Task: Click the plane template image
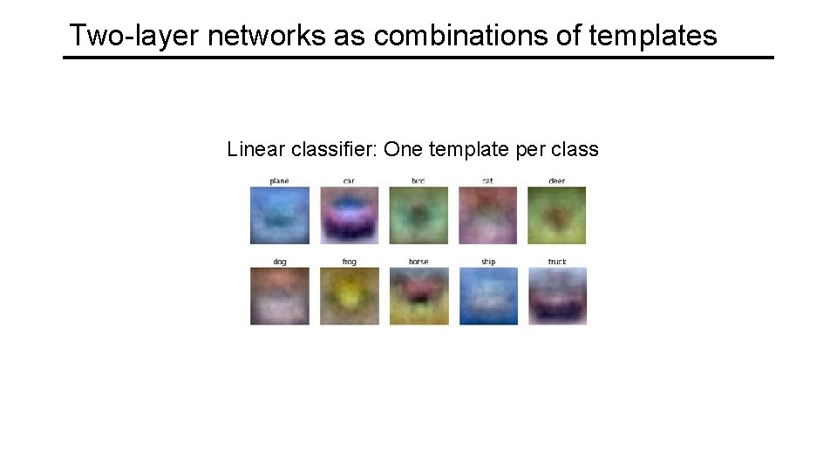point(279,215)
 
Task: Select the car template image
point(349,215)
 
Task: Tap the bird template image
point(418,215)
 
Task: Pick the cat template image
point(487,215)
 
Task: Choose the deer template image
point(557,215)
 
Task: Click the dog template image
point(279,296)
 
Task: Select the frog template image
point(349,296)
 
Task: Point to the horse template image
point(418,296)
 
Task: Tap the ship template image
point(487,296)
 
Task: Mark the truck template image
point(557,296)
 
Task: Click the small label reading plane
point(279,181)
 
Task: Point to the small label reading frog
point(349,262)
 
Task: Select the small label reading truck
point(557,262)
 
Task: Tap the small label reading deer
point(557,181)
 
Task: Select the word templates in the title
point(653,36)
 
